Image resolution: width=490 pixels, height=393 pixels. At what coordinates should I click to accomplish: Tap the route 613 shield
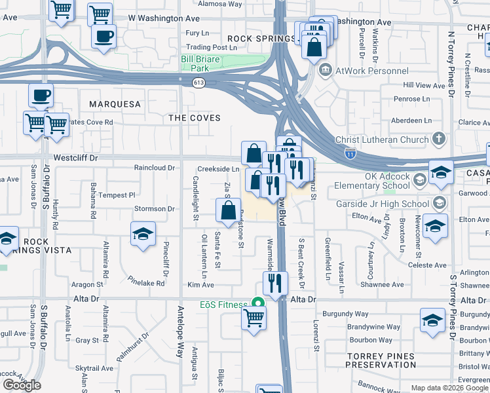coord(198,83)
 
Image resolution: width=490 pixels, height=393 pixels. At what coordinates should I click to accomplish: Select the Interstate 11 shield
coord(350,153)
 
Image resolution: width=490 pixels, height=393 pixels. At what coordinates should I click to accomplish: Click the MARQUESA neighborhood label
coord(115,104)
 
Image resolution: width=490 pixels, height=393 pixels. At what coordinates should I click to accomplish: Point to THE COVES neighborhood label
coord(195,117)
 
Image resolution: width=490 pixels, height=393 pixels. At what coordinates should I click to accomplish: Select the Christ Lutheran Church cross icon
coord(438,139)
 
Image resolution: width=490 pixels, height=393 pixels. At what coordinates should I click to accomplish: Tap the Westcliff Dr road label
coord(75,158)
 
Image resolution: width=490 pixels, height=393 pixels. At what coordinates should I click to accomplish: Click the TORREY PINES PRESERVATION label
coord(381,360)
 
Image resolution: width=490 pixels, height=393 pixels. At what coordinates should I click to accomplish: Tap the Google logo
coord(22,385)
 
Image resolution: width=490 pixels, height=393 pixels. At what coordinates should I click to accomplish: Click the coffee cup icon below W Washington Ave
coord(104,36)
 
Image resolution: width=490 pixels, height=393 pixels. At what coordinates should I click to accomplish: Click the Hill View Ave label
coord(424,85)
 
